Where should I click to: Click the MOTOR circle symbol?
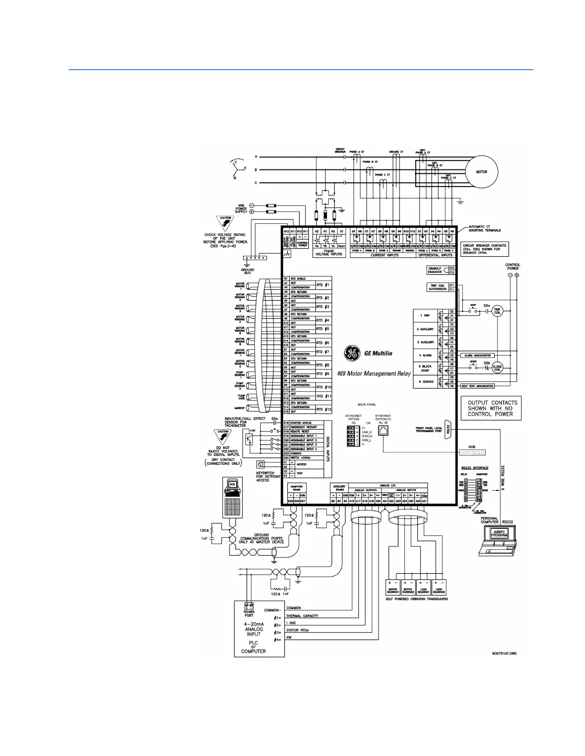pyautogui.click(x=481, y=172)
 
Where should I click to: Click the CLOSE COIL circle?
pyautogui.click(x=497, y=368)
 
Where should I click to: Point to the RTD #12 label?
pyautogui.click(x=324, y=409)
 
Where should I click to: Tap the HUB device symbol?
pyautogui.click(x=472, y=452)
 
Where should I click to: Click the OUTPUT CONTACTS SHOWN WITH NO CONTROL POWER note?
pyautogui.click(x=490, y=409)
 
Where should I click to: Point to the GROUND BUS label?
pyautogui.click(x=248, y=271)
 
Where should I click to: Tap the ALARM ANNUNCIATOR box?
pyautogui.click(x=477, y=356)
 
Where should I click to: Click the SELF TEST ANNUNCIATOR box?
pyautogui.click(x=477, y=386)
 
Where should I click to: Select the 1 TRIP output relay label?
pyautogui.click(x=425, y=315)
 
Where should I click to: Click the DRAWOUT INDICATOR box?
pyautogui.click(x=435, y=270)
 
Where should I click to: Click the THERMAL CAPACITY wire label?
pyautogui.click(x=302, y=616)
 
